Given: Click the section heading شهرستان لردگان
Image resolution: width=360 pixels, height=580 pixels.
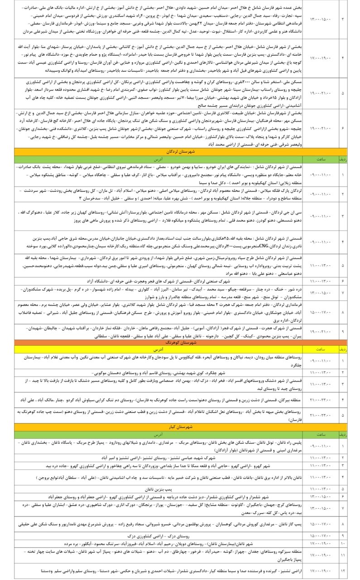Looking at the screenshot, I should (180, 152).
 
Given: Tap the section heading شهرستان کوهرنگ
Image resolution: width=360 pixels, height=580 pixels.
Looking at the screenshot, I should (180, 343).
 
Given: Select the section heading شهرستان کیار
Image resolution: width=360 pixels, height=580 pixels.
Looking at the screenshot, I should (180, 427).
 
